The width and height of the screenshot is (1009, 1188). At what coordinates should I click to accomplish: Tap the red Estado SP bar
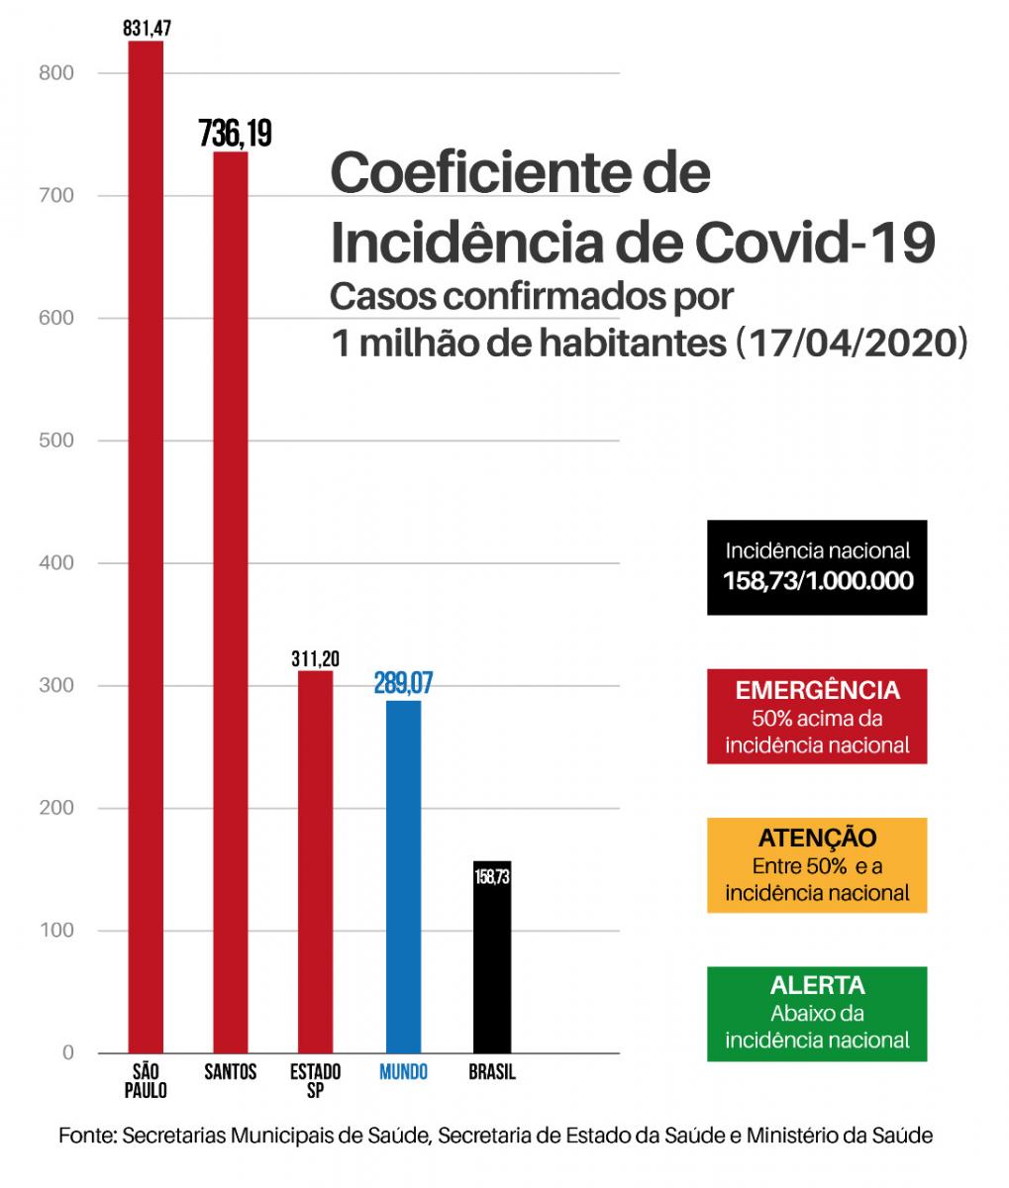(316, 861)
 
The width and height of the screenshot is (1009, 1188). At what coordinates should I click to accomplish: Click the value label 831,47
(148, 28)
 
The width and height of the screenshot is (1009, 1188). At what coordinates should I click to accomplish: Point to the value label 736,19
(235, 133)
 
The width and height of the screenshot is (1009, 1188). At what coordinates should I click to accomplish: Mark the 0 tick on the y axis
(67, 1052)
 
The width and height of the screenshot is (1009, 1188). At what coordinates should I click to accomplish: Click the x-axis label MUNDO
(404, 1073)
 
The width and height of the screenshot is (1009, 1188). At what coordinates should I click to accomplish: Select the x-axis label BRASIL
(492, 1073)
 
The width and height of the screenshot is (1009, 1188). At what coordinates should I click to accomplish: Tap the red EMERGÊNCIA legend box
(817, 717)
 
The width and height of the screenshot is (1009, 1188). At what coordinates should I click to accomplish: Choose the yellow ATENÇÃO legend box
(817, 864)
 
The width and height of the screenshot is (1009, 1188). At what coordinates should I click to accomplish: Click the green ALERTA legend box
(817, 1013)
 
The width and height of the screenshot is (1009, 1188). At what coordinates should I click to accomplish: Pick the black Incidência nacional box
(817, 566)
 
